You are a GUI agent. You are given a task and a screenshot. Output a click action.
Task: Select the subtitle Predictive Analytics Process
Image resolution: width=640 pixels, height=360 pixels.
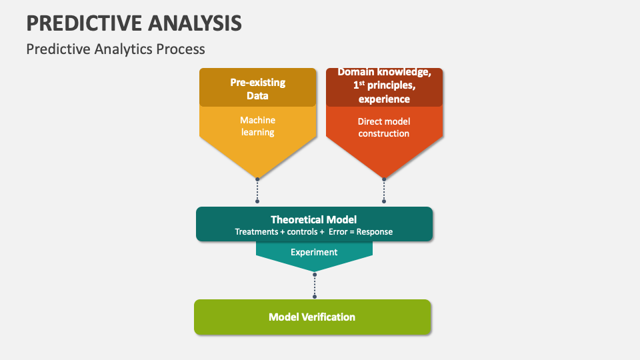115,49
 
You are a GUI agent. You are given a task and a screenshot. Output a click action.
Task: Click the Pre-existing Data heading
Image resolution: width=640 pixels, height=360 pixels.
257,89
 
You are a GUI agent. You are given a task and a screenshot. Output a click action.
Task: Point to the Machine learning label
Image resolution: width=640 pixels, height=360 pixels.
257,126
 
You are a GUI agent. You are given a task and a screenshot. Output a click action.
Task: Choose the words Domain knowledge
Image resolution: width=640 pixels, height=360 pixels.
384,72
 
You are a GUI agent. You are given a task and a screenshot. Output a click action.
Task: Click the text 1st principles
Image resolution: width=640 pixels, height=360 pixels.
384,85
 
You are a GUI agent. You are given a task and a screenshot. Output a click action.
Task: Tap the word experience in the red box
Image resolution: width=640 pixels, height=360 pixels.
384,99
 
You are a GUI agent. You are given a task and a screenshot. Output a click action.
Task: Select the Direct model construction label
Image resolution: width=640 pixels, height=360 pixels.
384,127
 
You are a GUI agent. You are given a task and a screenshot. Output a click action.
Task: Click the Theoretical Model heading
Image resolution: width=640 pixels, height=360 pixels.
313,219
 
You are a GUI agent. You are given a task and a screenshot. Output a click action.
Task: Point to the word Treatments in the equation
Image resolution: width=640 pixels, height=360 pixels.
257,232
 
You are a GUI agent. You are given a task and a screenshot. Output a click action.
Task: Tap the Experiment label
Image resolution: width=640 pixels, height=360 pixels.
314,252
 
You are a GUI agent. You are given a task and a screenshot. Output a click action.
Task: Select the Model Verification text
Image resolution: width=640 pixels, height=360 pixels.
312,317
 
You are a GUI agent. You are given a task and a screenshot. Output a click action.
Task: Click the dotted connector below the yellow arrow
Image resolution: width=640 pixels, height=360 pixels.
257,191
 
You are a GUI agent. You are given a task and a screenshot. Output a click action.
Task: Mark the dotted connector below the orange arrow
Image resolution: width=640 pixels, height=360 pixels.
384,191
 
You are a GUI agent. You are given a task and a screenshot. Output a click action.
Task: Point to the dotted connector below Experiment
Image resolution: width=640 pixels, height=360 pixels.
315,285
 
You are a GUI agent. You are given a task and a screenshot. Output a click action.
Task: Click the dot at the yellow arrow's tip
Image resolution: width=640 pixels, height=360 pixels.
257,179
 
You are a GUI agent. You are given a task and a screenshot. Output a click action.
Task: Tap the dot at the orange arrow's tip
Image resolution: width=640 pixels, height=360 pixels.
384,179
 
